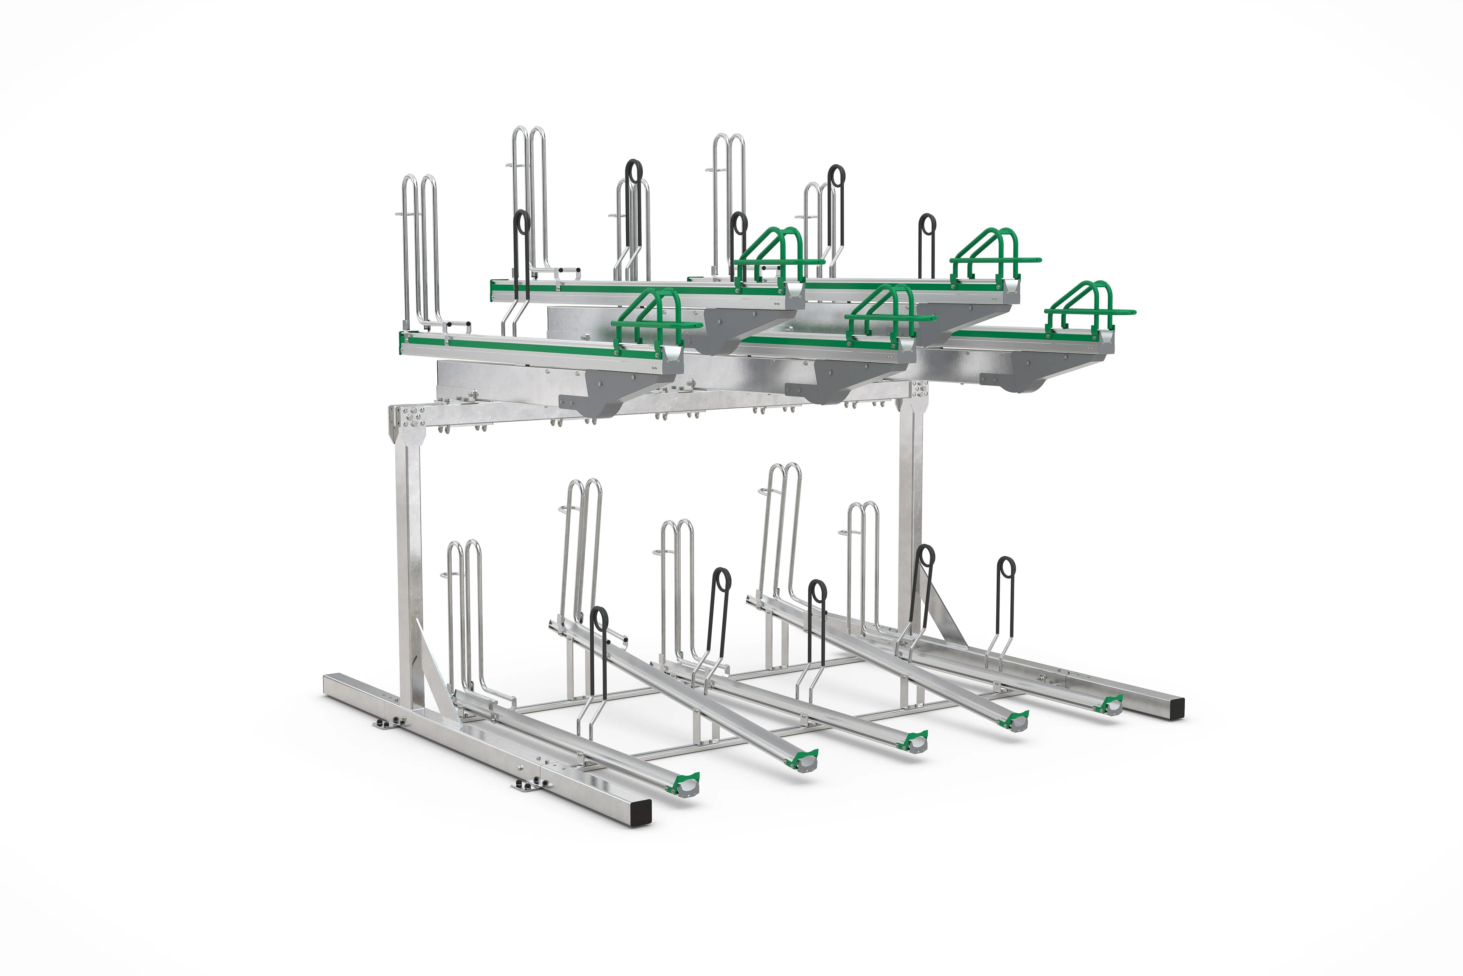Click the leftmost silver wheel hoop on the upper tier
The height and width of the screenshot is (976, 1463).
click(420, 249)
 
